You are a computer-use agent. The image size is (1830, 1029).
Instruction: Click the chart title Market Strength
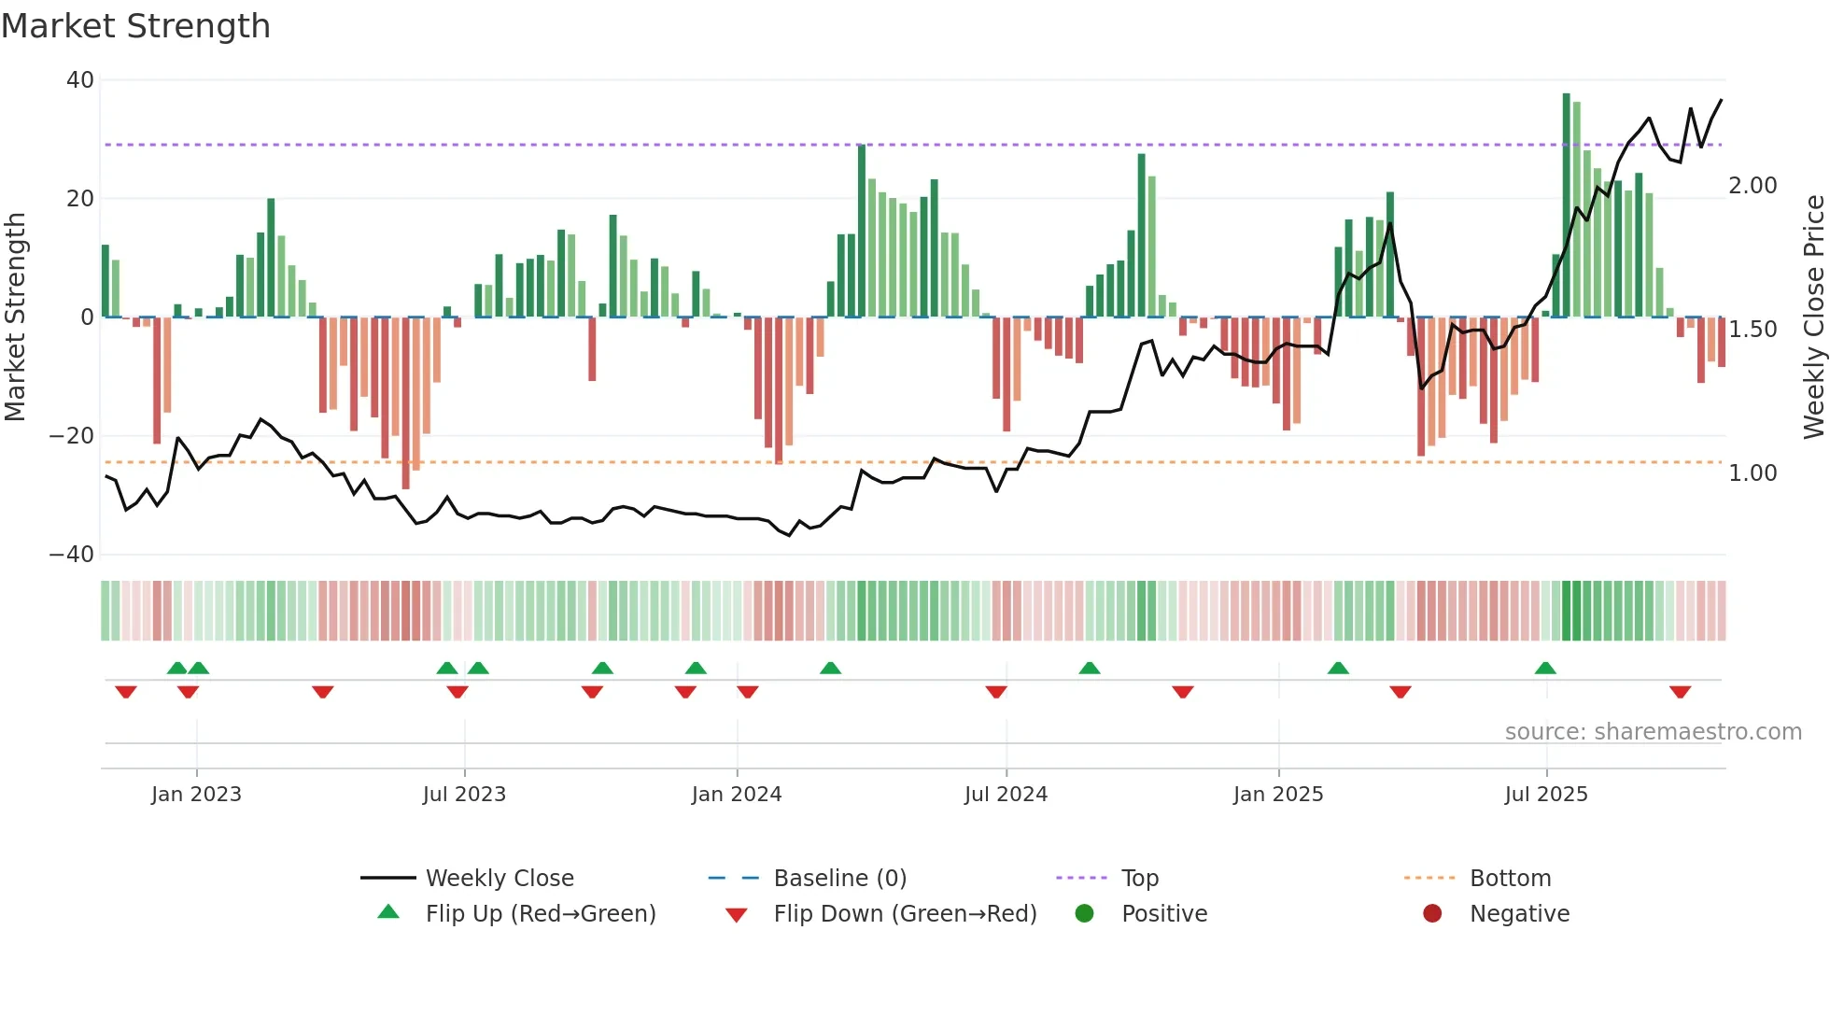tap(135, 26)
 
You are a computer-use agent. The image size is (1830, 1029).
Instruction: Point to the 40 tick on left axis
tap(80, 80)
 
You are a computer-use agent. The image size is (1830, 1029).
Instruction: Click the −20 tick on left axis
tap(72, 436)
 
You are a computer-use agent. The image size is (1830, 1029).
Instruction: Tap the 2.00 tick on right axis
tap(1753, 186)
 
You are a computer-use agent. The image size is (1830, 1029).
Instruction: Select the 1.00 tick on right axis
tap(1753, 473)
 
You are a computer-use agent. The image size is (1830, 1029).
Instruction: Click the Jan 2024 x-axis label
tap(736, 795)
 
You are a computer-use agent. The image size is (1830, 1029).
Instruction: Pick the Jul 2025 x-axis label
tap(1545, 795)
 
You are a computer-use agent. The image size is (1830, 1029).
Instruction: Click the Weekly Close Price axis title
tap(1813, 317)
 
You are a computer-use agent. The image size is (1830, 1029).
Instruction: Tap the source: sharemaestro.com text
tap(1653, 732)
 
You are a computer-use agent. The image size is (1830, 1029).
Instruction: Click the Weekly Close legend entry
tap(499, 879)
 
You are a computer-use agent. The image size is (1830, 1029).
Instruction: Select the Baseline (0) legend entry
tap(839, 879)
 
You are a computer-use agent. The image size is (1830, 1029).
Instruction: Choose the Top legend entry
tap(1139, 879)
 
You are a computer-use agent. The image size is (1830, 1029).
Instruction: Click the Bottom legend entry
tap(1510, 879)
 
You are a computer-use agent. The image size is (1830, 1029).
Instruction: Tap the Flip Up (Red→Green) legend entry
tap(540, 914)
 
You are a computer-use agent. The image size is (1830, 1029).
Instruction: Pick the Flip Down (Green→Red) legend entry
tap(904, 914)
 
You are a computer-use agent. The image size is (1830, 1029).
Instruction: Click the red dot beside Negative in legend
tap(1432, 914)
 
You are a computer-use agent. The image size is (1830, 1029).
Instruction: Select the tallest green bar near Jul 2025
tap(1567, 205)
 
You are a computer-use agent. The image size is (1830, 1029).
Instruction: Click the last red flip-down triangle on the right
tap(1680, 692)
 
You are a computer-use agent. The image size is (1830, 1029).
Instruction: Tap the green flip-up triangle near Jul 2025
tap(1545, 668)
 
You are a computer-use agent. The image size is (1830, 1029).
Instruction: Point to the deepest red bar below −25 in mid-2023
tap(405, 402)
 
